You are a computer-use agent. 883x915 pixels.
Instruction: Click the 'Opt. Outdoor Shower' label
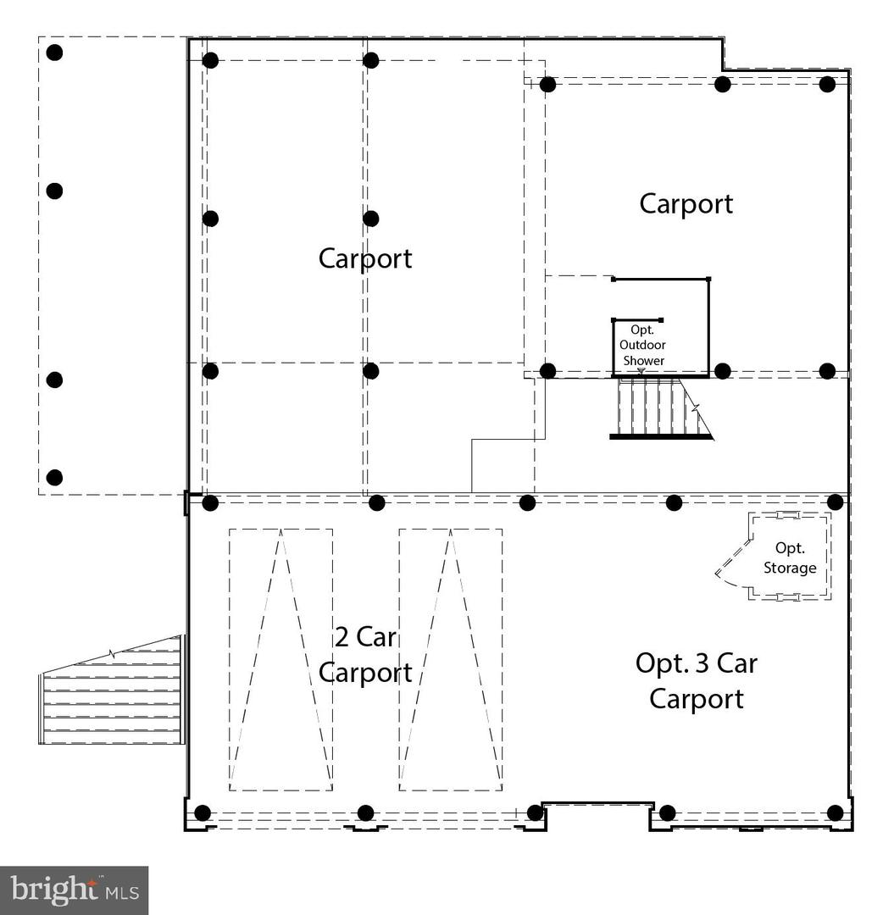point(642,345)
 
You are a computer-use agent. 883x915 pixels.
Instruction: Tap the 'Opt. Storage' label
point(790,559)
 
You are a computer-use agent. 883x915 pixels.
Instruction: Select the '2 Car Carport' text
point(365,654)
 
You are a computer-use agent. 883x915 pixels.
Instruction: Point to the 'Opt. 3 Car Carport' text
point(696,680)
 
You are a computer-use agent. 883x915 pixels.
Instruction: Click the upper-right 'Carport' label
point(686,203)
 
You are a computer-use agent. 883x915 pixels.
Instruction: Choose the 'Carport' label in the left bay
point(365,258)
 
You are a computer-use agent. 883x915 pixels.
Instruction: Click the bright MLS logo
point(75,890)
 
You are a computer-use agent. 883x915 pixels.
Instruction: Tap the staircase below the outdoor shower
point(657,409)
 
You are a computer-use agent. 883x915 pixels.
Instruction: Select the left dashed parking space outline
point(280,659)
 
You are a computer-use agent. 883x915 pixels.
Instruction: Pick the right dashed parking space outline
point(450,659)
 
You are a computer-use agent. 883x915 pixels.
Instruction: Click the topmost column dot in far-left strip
point(54,53)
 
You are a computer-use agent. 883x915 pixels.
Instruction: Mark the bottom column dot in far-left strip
point(54,478)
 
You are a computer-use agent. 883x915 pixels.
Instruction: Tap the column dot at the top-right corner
point(828,84)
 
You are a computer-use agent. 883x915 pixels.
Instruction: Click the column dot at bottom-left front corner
point(203,813)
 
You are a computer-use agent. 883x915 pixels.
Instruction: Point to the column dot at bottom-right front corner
point(836,813)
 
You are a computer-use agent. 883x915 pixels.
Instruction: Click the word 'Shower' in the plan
point(644,360)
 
